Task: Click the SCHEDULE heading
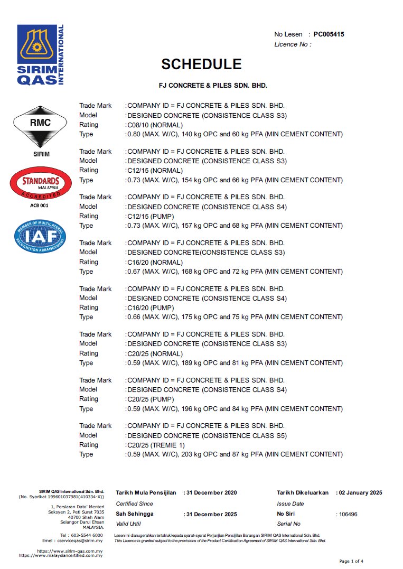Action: point(201,64)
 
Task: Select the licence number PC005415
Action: point(329,34)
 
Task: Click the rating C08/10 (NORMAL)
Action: point(155,125)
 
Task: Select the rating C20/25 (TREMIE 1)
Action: point(156,445)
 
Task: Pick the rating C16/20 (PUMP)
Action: point(151,307)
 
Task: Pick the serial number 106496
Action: point(349,514)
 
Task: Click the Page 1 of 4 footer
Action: point(351,561)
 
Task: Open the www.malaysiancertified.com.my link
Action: point(61,555)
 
